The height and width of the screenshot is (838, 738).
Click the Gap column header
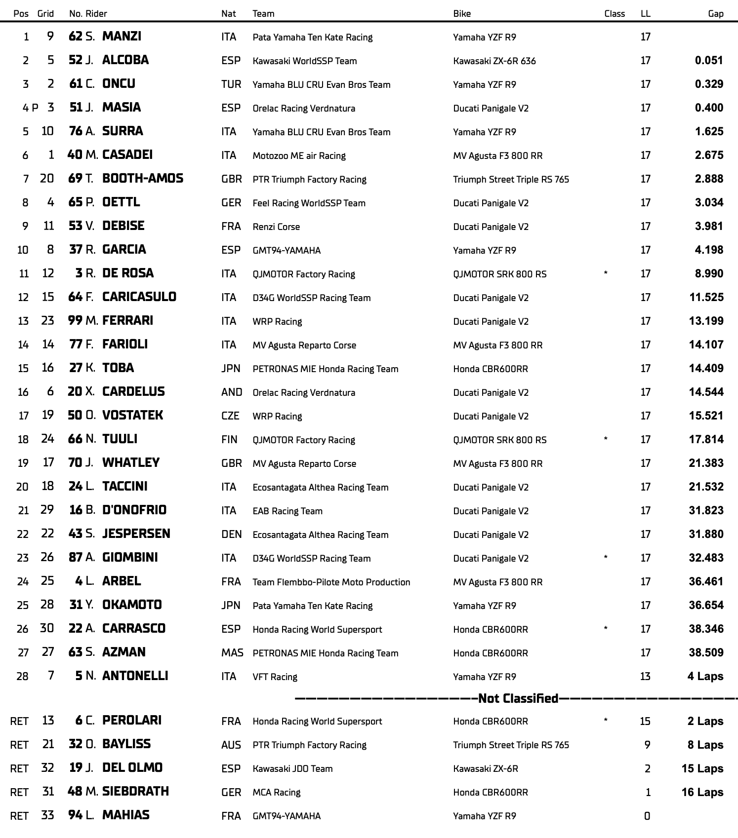(x=715, y=13)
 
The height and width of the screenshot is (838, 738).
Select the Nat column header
(x=228, y=13)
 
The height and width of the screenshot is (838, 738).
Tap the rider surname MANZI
(x=122, y=36)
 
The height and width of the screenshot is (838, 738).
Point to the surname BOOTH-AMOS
(x=142, y=178)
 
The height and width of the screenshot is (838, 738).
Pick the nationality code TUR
(x=231, y=84)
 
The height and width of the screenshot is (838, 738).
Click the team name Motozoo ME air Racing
(x=299, y=155)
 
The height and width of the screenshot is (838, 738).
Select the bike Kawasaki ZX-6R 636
(x=494, y=61)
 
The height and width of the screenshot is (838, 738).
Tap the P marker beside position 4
(x=35, y=108)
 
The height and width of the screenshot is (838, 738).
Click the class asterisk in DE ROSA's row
(x=606, y=273)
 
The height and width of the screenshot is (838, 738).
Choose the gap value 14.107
(x=706, y=344)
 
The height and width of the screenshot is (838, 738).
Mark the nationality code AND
(x=232, y=392)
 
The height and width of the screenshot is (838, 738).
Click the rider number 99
(x=75, y=320)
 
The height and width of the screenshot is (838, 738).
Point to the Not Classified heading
(x=518, y=698)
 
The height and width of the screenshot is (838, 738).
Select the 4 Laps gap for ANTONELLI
(x=705, y=676)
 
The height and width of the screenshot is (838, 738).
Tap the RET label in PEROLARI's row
(x=19, y=721)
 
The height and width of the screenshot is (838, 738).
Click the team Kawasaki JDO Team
(x=292, y=768)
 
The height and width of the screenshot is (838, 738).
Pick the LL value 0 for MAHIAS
(x=647, y=816)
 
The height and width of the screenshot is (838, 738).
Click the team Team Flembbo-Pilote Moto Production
(x=331, y=582)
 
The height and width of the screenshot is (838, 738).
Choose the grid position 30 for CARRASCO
(x=47, y=628)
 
